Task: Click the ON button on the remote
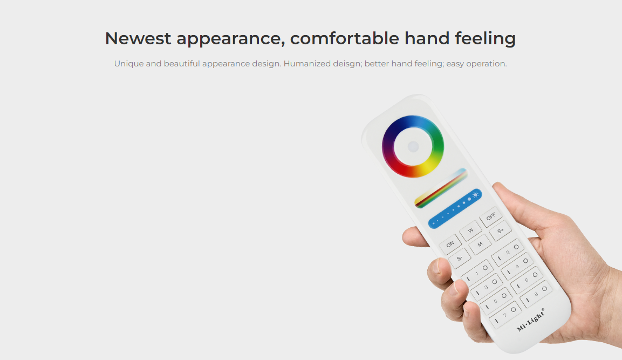coord(450,244)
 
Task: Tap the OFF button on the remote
coord(491,217)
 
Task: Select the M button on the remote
coord(480,244)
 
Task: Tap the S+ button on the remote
coord(500,230)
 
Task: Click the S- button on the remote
coord(460,259)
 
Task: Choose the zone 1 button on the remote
coord(477,272)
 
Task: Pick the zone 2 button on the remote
coord(508,252)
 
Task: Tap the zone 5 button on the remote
coord(496,300)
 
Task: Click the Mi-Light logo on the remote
coord(531,320)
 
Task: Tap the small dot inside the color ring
coord(413,146)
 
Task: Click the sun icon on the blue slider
coord(475,194)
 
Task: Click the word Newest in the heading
coord(138,38)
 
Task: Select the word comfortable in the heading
coord(345,38)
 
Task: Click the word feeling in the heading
coord(485,39)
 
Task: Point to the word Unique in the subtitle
coord(128,64)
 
